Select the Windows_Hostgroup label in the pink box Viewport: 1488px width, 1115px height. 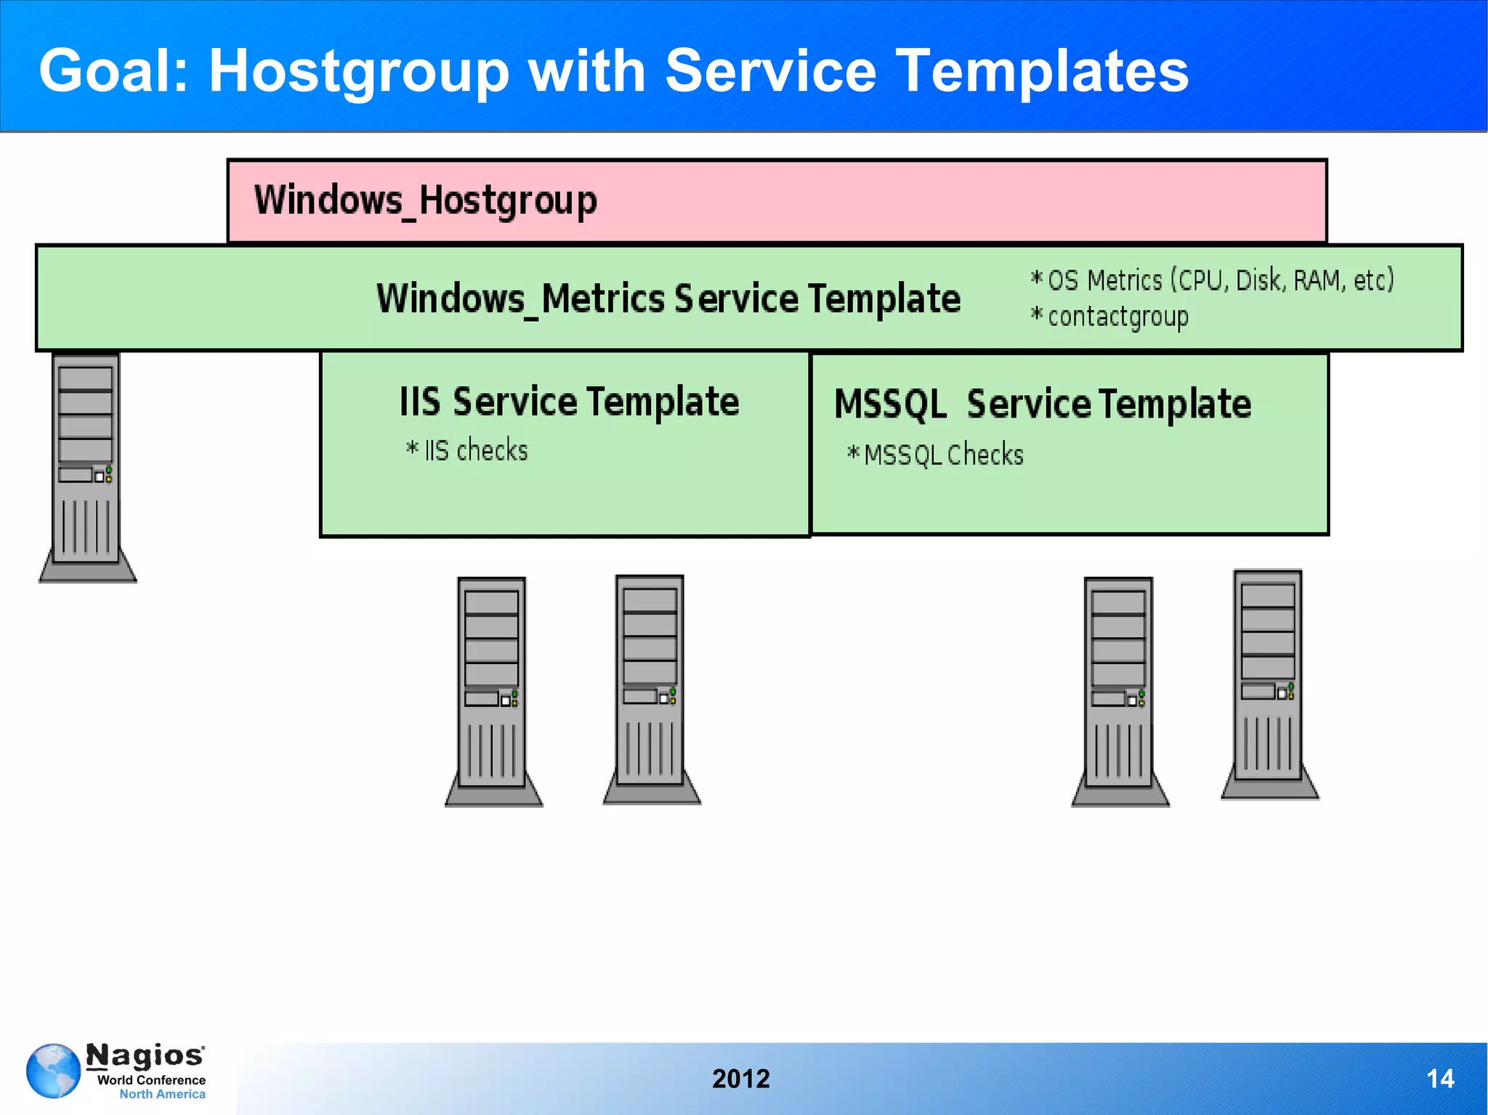point(426,200)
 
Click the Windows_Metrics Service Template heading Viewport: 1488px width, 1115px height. point(668,299)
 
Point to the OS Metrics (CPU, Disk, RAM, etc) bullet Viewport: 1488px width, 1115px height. point(1212,280)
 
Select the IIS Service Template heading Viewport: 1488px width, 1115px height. point(569,402)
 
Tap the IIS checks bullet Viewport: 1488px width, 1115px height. point(467,450)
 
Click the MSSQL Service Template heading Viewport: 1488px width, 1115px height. point(1042,405)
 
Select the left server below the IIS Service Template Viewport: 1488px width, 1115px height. point(493,690)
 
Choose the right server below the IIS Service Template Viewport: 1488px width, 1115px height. point(651,689)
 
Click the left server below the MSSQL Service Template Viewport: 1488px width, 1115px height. point(1120,690)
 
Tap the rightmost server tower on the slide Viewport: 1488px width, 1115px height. point(1269,684)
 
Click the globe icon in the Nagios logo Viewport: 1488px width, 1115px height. point(53,1071)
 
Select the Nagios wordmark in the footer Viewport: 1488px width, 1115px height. point(145,1055)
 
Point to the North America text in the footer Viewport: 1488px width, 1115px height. point(162,1094)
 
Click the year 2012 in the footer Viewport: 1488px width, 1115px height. point(740,1079)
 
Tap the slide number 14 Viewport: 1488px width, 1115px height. point(1439,1079)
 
